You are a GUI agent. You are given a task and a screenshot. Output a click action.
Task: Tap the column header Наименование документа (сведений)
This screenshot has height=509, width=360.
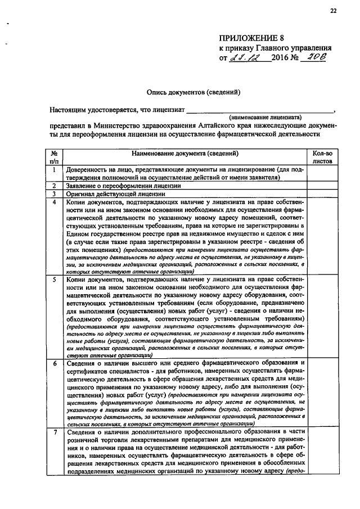(185, 154)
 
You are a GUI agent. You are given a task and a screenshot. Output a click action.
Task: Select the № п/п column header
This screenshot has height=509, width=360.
(54, 157)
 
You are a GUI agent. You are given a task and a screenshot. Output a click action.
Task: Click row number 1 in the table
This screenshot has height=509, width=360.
(54, 169)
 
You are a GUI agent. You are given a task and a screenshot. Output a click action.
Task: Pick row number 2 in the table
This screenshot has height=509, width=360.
(54, 186)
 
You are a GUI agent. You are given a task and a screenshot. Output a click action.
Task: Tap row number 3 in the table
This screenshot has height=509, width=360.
(54, 193)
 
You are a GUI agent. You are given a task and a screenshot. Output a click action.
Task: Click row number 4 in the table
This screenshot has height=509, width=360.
(54, 201)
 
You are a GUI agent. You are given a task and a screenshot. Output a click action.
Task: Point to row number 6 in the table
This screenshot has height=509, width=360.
(54, 364)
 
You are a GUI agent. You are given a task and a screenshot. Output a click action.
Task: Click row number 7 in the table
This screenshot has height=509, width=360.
(54, 433)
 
